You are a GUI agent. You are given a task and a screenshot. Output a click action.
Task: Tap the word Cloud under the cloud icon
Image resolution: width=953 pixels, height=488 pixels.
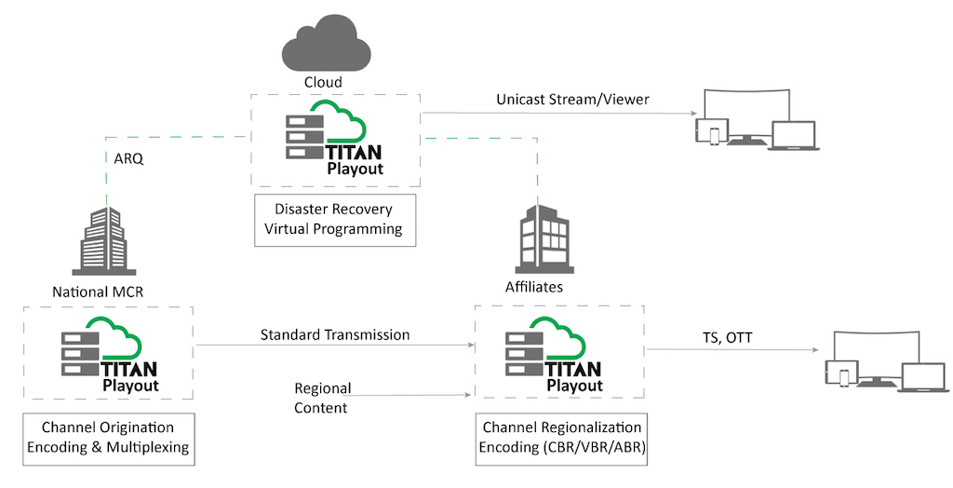coord(323,82)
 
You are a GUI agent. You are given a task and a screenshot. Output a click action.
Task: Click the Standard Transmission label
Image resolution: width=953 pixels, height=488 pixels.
coord(335,333)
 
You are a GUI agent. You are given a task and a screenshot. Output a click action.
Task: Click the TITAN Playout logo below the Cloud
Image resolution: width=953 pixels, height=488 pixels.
coord(335,139)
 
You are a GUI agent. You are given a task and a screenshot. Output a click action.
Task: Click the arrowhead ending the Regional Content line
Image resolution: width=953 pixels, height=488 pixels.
coord(468,396)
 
